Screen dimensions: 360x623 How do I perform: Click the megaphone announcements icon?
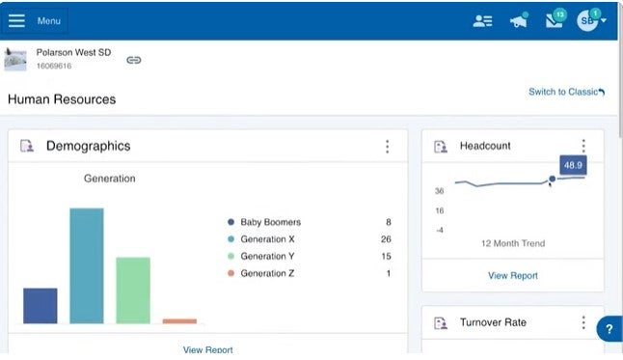(519, 21)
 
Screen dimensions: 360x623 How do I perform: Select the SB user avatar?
(587, 21)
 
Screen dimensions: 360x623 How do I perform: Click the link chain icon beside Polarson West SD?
(134, 60)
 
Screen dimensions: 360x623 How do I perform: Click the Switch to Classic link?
(566, 92)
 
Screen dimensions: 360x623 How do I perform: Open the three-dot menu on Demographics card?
(388, 147)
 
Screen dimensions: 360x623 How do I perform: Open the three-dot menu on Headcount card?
(583, 147)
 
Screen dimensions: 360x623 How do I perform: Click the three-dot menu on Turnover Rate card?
(583, 322)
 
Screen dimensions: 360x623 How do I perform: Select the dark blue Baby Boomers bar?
(41, 306)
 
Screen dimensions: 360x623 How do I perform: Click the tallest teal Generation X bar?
(87, 266)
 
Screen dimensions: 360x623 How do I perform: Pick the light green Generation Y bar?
(133, 291)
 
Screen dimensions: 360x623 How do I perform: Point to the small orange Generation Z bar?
(179, 321)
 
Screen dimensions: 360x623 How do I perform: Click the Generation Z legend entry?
(267, 273)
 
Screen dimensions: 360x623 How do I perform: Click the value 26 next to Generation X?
(386, 239)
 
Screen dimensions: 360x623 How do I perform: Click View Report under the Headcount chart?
(513, 276)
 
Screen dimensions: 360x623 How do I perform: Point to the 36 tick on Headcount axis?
(440, 191)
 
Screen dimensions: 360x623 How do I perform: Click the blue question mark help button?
(609, 329)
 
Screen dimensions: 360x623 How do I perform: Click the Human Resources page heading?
(62, 99)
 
